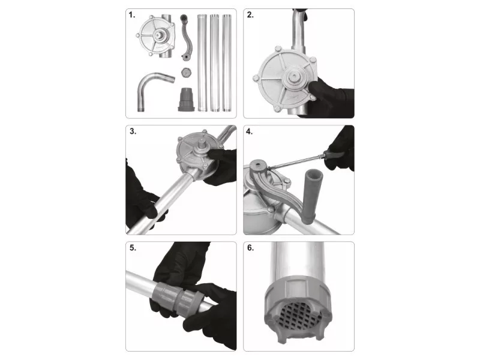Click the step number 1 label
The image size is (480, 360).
(x=131, y=15)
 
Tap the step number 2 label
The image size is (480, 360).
(x=250, y=15)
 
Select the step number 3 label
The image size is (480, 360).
(x=133, y=131)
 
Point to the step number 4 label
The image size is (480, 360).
(x=249, y=131)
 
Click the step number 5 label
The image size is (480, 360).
(x=133, y=248)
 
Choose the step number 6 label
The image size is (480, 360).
(x=250, y=248)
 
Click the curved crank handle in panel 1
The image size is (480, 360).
(x=186, y=37)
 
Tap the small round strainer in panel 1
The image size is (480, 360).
(x=185, y=72)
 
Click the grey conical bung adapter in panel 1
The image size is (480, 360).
(x=186, y=100)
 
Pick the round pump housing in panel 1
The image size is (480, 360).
(x=157, y=36)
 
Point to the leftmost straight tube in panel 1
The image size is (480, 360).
(x=202, y=62)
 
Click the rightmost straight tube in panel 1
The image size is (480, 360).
(x=226, y=62)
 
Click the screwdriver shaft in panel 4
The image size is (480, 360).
(x=295, y=162)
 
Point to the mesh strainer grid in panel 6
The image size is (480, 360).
(x=298, y=316)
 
